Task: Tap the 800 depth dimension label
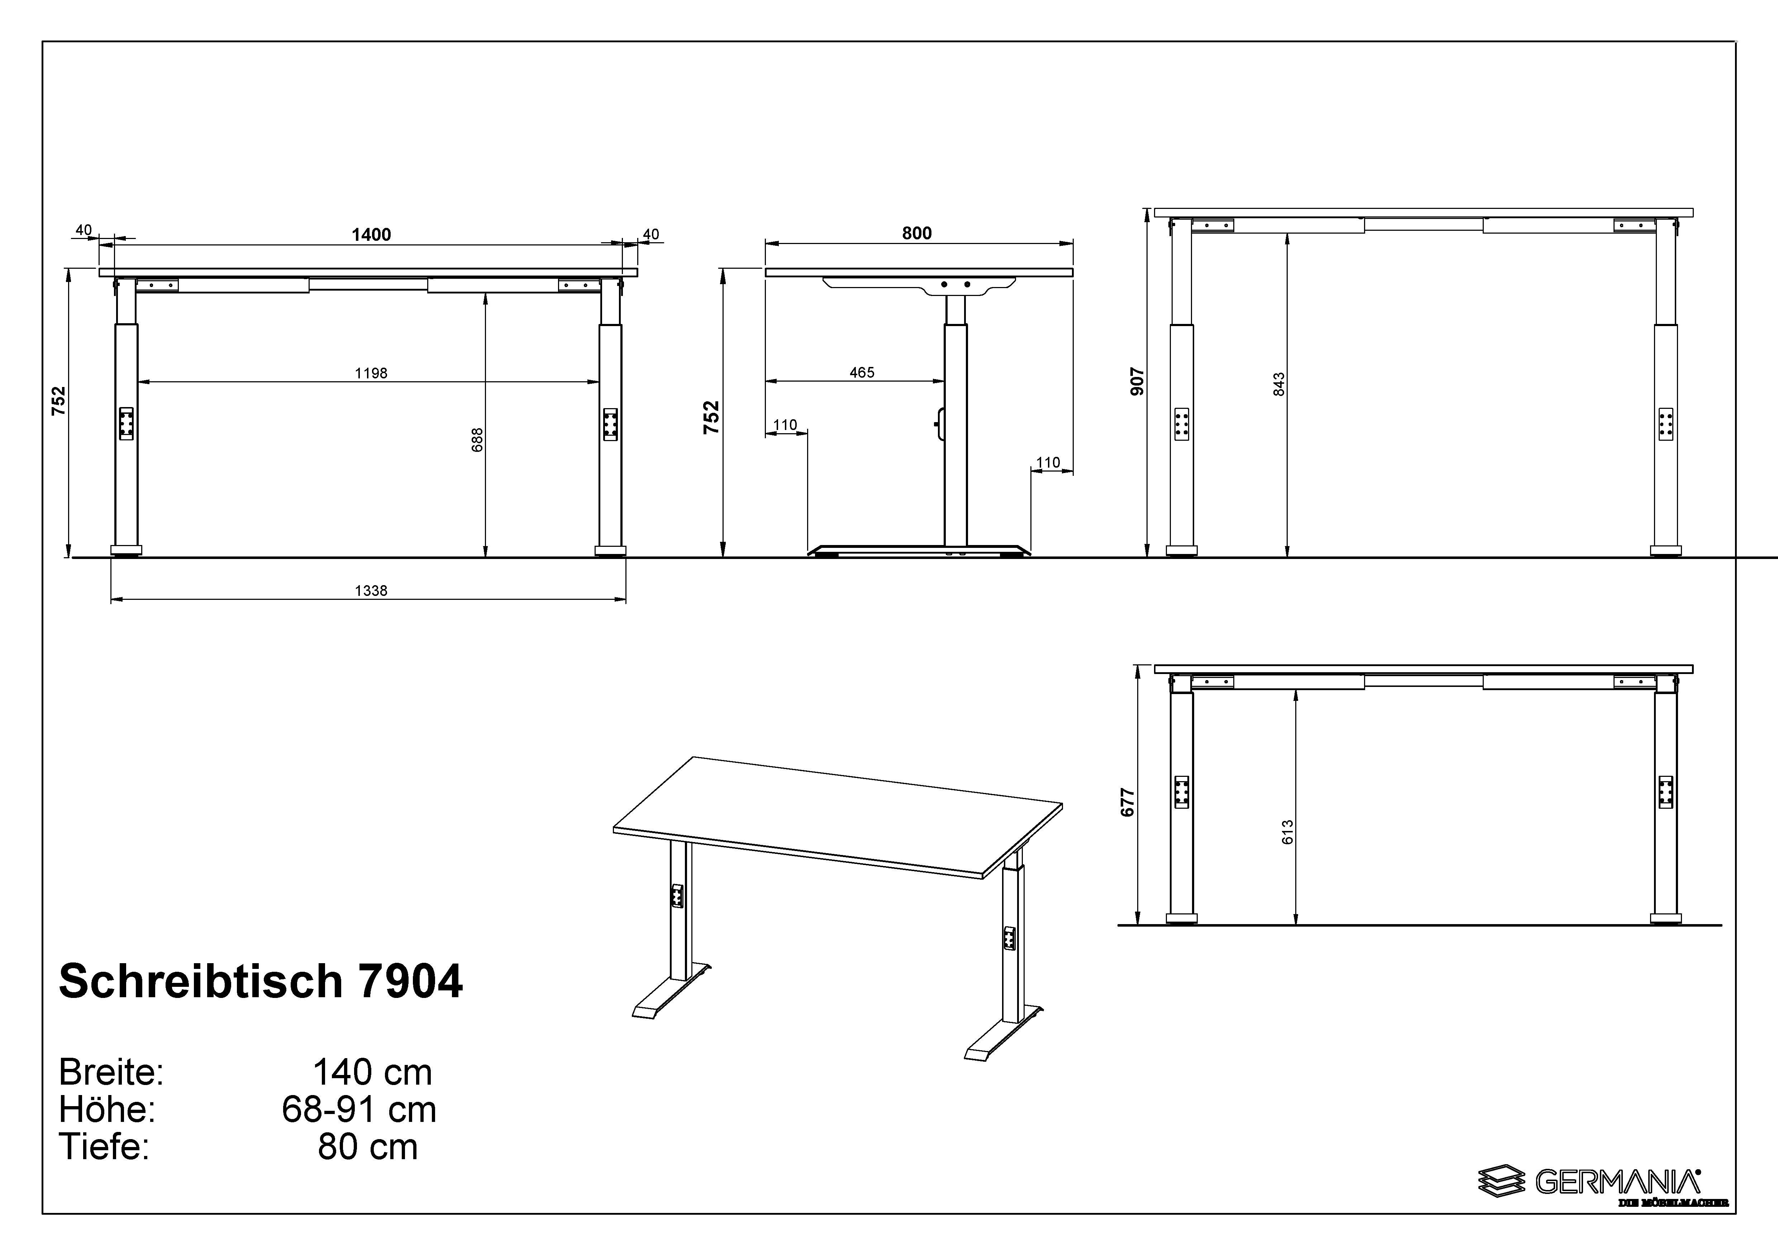pyautogui.click(x=917, y=233)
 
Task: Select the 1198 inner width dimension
pyautogui.click(x=371, y=373)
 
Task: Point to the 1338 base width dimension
pyautogui.click(x=371, y=591)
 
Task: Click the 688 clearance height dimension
pyautogui.click(x=478, y=440)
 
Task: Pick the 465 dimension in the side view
pyautogui.click(x=862, y=372)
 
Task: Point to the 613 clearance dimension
pyautogui.click(x=1287, y=832)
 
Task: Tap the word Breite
pyautogui.click(x=111, y=1073)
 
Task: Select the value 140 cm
pyautogui.click(x=372, y=1073)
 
